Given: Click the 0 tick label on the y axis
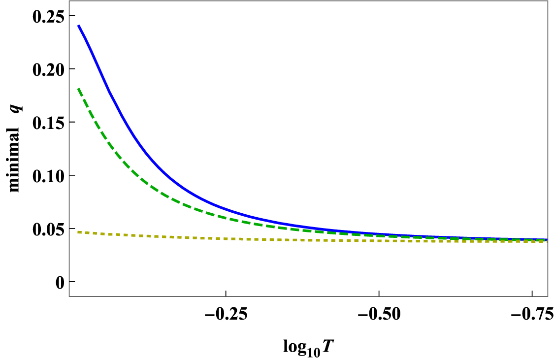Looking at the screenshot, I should tap(60, 282).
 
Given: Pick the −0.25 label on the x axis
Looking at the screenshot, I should tap(226, 313).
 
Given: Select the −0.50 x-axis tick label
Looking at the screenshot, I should tap(378, 313).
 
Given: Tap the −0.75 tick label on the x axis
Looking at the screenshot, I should tap(531, 313).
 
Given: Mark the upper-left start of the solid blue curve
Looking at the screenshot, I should tap(78, 25).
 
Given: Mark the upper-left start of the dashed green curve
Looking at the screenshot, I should tap(78, 89).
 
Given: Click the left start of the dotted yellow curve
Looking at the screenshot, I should tap(78, 231).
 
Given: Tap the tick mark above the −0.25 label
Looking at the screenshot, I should tap(226, 294).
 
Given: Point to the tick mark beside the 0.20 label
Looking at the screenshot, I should tap(72, 69).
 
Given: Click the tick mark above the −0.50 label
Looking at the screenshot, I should tap(378, 294).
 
